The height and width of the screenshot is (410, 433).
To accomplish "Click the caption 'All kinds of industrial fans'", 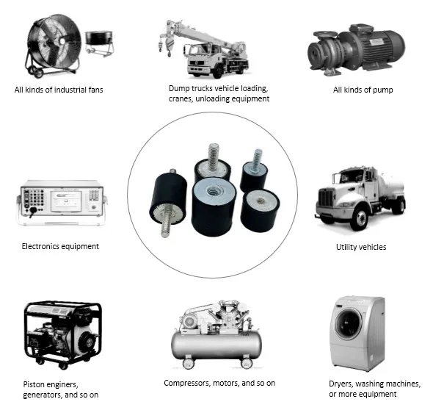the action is (x=59, y=90).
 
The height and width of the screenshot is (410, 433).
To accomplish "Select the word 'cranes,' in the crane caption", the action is (x=181, y=98).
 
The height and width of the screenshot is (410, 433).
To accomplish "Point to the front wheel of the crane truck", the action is (x=218, y=71).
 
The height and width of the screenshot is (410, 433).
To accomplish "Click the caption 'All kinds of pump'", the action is (x=363, y=90).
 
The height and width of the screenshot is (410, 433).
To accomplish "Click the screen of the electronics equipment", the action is (x=66, y=201).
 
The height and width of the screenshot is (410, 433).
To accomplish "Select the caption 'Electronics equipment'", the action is (x=60, y=246).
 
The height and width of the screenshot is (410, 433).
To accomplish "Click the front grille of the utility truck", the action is (x=326, y=198).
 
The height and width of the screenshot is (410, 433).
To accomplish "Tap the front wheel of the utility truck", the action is (x=359, y=219).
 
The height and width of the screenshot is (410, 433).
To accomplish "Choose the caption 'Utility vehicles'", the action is (x=361, y=247).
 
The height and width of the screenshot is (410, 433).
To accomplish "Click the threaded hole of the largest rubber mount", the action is (x=212, y=190).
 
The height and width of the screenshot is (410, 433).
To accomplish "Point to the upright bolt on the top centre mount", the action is (x=213, y=157).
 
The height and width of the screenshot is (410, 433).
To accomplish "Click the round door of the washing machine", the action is (x=349, y=323).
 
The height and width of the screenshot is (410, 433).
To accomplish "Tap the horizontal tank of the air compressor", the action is (x=216, y=345).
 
